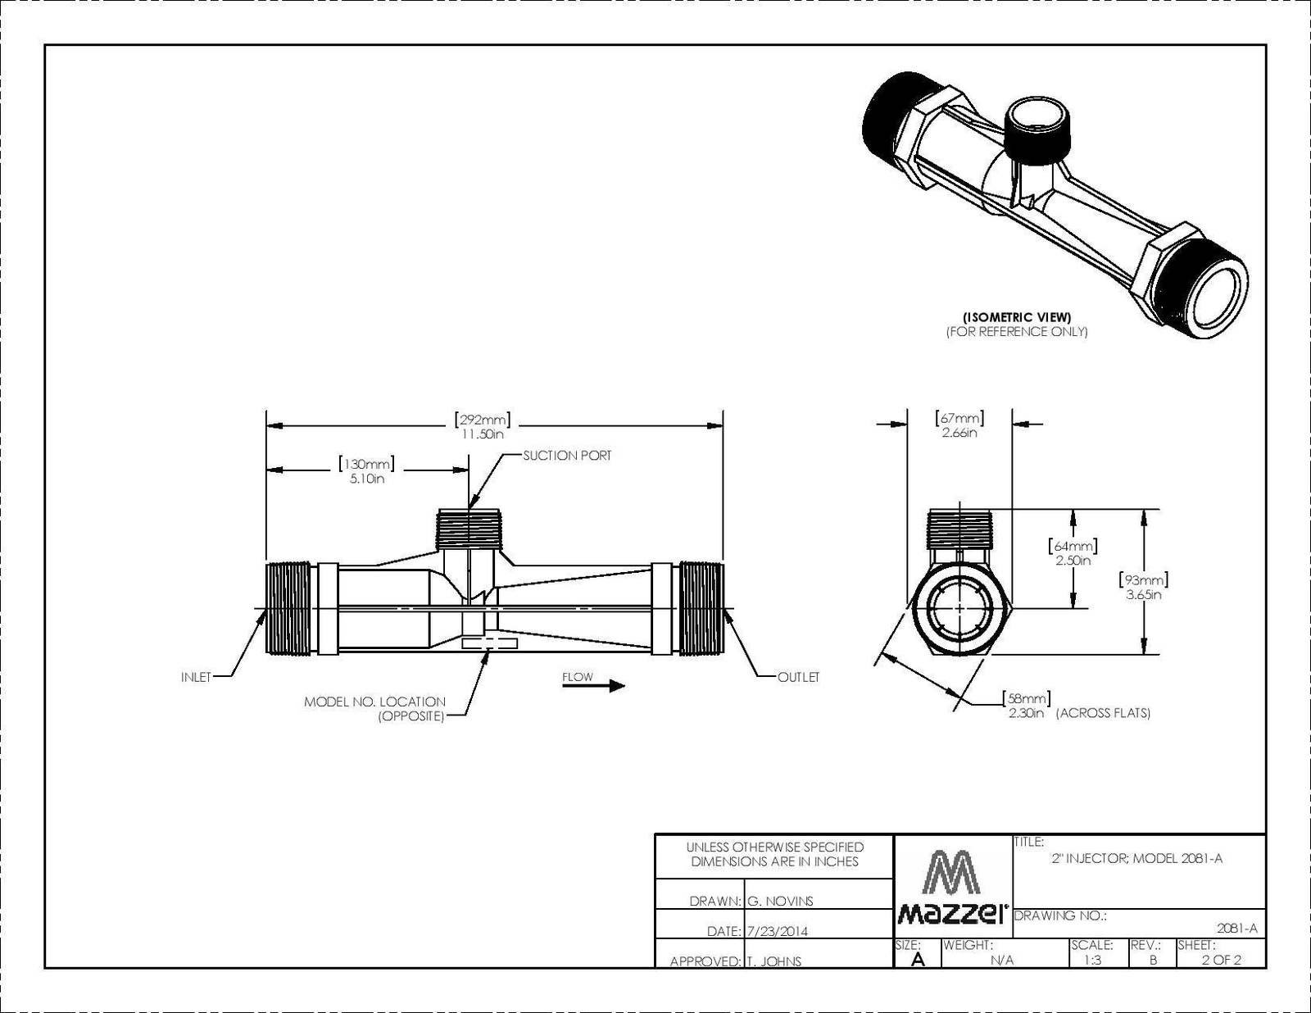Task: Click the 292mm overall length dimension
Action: point(482,426)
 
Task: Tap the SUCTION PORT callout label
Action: point(566,456)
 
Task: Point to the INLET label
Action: point(196,677)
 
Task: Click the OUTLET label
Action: point(798,677)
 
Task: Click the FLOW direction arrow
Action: point(594,685)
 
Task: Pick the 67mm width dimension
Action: point(959,425)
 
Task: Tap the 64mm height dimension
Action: point(1073,552)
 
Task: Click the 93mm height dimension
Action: point(1144,587)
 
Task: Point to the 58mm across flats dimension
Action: point(1027,706)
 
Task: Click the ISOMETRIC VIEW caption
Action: point(1017,316)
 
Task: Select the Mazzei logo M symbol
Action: point(953,872)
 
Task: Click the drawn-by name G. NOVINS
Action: point(780,902)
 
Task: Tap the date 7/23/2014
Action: point(778,932)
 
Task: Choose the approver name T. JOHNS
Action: point(774,961)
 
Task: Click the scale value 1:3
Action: point(1092,960)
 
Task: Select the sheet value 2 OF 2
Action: point(1221,960)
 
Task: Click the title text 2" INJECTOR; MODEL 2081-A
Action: point(1137,859)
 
